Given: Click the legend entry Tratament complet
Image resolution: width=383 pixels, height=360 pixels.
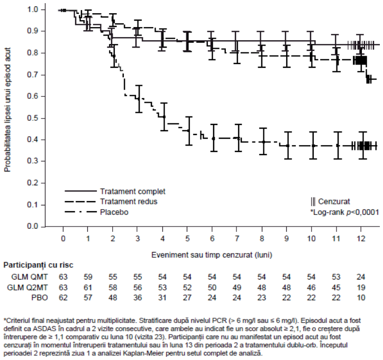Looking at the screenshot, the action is pyautogui.click(x=133, y=191).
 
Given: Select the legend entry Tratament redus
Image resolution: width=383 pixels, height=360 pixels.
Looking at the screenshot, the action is pyautogui.click(x=129, y=201).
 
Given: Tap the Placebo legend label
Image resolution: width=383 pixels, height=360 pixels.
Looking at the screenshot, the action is pyautogui.click(x=114, y=212).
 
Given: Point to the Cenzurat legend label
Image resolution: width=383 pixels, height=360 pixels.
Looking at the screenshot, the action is pyautogui.click(x=334, y=201).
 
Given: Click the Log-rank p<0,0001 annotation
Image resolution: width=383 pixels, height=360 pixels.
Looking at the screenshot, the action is pyautogui.click(x=345, y=212).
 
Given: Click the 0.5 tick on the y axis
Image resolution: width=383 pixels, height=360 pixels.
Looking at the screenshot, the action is pyautogui.click(x=32, y=118).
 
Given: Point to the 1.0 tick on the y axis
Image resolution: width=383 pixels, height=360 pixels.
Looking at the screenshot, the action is pyautogui.click(x=32, y=10).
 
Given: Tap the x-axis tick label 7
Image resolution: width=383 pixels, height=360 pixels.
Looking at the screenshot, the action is pyautogui.click(x=236, y=238).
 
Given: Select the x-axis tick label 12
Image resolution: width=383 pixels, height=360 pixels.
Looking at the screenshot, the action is pyautogui.click(x=361, y=238).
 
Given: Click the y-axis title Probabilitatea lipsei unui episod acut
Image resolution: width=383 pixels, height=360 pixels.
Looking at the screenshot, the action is pyautogui.click(x=7, y=110).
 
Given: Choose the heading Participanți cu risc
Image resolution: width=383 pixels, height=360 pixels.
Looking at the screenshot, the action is pyautogui.click(x=38, y=265).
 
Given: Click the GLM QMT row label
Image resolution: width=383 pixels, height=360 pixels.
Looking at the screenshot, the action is pyautogui.click(x=30, y=277).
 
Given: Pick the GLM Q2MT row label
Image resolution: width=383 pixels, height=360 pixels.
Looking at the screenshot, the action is pyautogui.click(x=28, y=287).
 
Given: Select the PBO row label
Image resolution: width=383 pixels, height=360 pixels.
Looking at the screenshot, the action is pyautogui.click(x=40, y=298).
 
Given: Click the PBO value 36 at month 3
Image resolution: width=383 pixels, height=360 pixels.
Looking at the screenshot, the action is pyautogui.click(x=138, y=298).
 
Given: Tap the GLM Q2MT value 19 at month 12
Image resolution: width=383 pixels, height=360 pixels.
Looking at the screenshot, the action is pyautogui.click(x=361, y=287).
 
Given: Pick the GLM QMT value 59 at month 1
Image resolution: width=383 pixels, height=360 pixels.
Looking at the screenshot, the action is pyautogui.click(x=88, y=277).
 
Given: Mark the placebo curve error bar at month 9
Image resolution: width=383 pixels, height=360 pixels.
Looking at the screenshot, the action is pyautogui.click(x=288, y=146).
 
